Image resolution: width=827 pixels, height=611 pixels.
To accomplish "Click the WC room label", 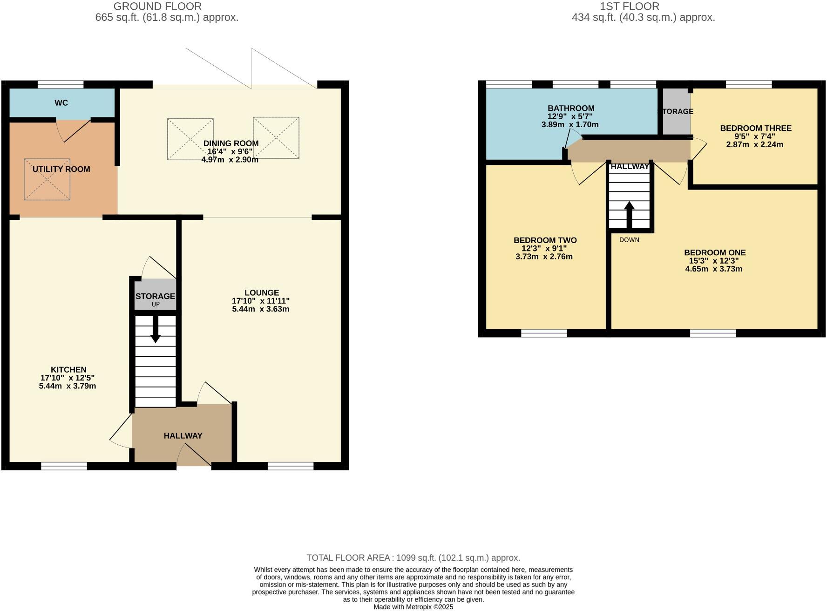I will click(61, 103).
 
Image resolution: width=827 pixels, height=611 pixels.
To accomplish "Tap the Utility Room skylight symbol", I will click(47, 179).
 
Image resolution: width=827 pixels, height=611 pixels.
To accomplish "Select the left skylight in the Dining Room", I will click(190, 139).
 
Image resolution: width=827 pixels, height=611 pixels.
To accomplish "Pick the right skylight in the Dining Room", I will click(276, 138).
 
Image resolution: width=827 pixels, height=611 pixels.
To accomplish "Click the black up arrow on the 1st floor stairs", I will click(629, 215).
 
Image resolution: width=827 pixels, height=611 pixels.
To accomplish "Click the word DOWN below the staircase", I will click(629, 240).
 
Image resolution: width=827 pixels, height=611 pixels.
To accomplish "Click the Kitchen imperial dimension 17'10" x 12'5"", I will click(68, 378).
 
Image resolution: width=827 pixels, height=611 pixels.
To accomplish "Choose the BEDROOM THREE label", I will click(755, 128).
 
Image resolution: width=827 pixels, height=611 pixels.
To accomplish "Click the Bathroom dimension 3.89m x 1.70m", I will click(570, 125).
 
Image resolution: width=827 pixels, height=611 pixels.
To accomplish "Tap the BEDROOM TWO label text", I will click(545, 240).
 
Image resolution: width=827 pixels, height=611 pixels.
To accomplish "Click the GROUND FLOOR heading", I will click(157, 7).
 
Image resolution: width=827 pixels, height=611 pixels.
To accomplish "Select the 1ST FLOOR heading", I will click(629, 7).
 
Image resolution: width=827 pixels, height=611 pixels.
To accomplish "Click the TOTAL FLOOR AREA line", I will click(413, 557).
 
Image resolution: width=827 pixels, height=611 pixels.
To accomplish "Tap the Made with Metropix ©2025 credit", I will click(413, 607).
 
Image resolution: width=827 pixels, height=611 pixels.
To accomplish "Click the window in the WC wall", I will click(61, 84).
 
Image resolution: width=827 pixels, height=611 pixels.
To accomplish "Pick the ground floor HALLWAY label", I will click(183, 436).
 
